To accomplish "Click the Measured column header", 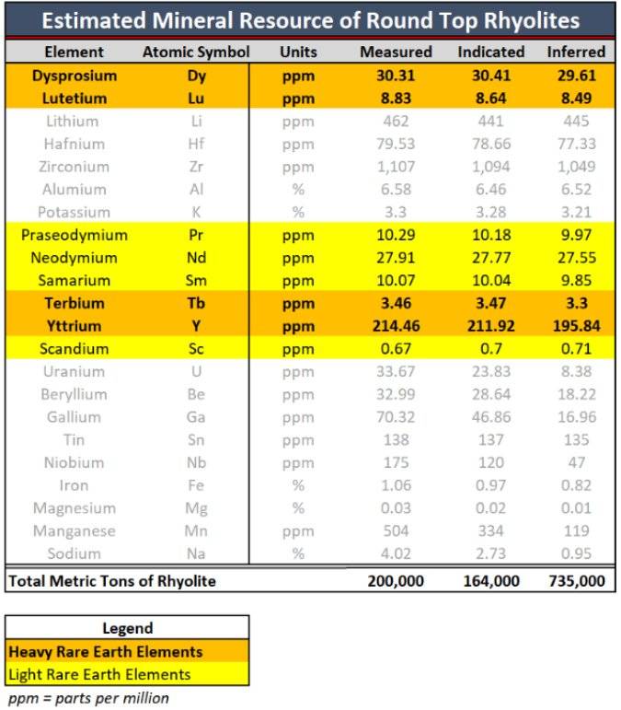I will click(396, 52).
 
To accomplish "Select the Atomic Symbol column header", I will click(196, 52).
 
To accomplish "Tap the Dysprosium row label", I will click(74, 76).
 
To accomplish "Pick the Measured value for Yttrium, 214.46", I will click(396, 326).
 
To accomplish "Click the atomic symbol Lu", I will click(196, 99).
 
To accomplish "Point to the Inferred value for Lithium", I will click(576, 122).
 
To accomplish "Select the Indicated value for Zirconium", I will click(490, 167).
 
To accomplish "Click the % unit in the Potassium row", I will click(298, 212).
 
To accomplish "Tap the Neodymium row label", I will click(74, 258).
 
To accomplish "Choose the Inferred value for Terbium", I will click(576, 303).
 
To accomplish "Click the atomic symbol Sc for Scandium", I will click(196, 349).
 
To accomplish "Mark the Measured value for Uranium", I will click(396, 372).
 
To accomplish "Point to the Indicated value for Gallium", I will click(490, 417).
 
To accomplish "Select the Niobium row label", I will click(74, 462).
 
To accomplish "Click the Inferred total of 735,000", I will click(576, 581).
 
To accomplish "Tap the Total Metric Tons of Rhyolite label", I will click(111, 581).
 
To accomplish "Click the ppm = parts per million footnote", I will click(88, 697).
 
